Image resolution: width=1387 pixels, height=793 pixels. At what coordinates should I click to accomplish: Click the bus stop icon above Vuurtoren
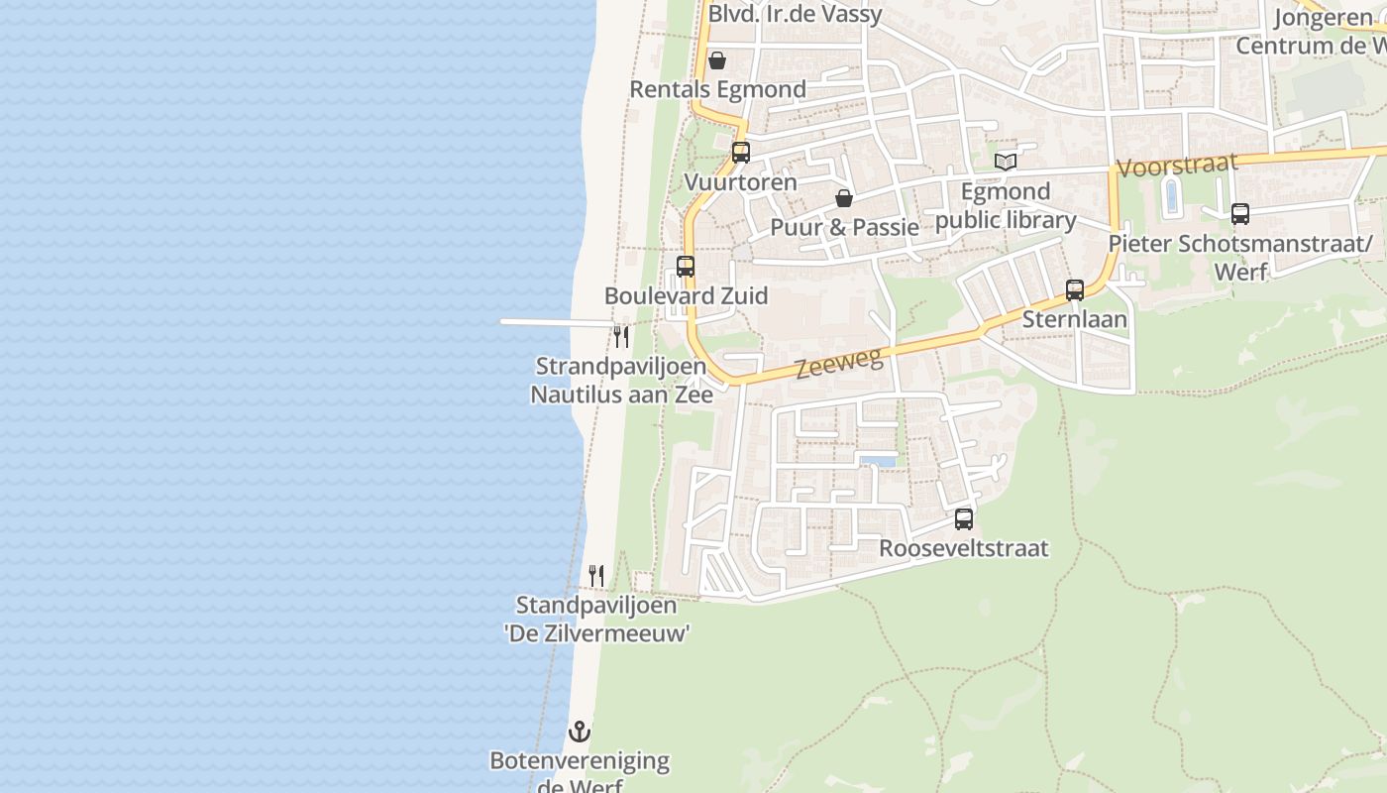tap(740, 153)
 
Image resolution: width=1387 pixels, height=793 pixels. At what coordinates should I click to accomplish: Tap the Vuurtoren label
tap(741, 182)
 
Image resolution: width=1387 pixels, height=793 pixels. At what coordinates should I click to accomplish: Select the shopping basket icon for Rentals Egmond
tap(716, 60)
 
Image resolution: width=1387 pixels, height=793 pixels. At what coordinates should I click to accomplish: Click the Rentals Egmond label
tap(718, 89)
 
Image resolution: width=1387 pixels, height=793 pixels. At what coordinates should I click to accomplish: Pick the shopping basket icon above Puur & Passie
tap(844, 198)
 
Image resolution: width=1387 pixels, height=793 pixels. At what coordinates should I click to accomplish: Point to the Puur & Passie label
tap(845, 227)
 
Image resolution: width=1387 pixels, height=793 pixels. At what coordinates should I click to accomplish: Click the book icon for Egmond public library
tap(1006, 162)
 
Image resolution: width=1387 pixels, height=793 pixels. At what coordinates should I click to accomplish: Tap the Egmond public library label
tap(1006, 206)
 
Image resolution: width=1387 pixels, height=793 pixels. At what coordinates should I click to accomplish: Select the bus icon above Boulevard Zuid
tap(686, 267)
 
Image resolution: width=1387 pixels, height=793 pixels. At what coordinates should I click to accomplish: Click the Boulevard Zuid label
tap(686, 295)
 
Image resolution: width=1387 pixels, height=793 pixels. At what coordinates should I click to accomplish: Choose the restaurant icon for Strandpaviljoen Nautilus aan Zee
tap(621, 337)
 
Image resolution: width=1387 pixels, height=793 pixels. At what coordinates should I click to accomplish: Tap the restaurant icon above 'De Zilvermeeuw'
tap(596, 576)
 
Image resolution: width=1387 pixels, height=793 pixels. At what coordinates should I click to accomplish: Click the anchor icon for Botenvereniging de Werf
tap(579, 733)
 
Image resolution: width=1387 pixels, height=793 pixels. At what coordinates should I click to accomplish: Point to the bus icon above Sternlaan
tap(1075, 290)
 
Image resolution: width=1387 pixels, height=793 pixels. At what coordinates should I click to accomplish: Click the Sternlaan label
tap(1075, 319)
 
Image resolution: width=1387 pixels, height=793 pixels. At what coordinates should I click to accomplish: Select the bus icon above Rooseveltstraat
tap(964, 519)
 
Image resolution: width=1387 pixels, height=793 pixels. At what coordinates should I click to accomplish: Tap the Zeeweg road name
tap(839, 364)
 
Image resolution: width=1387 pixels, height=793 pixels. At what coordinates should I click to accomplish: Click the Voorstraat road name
tap(1177, 164)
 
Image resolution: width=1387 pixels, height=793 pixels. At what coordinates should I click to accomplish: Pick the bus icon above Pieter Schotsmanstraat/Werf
tap(1240, 213)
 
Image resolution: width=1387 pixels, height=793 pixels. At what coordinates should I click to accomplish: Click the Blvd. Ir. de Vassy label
tap(795, 15)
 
